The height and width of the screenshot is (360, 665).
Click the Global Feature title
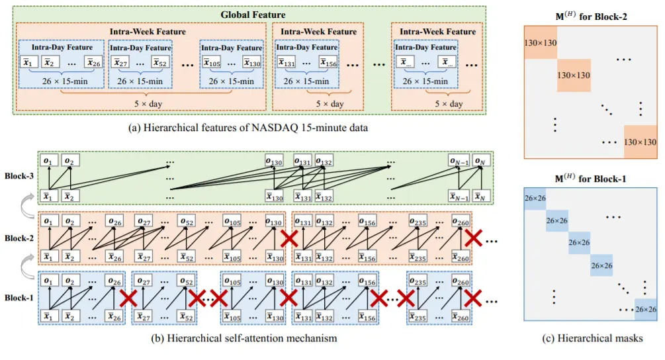click(x=253, y=15)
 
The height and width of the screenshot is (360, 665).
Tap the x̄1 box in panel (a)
click(x=29, y=62)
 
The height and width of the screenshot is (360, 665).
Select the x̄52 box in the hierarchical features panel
click(x=160, y=62)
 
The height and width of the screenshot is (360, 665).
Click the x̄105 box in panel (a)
click(x=212, y=62)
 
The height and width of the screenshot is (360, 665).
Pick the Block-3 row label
click(x=19, y=175)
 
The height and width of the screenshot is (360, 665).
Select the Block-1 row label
click(x=19, y=298)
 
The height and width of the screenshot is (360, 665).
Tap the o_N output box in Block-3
click(x=481, y=160)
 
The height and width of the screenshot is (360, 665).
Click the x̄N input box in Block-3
click(x=481, y=197)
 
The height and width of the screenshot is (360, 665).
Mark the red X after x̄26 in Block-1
click(x=128, y=298)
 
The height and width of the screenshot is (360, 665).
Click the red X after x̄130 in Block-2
click(x=289, y=239)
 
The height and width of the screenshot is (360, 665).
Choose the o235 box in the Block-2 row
click(x=418, y=221)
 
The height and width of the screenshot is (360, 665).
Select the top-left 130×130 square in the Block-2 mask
click(x=541, y=42)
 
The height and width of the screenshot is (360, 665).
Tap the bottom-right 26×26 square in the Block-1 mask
click(x=646, y=309)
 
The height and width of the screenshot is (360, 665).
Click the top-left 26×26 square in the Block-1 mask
click(x=535, y=199)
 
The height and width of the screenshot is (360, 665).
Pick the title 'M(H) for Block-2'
click(x=591, y=16)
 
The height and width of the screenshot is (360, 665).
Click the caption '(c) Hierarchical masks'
click(x=592, y=338)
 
